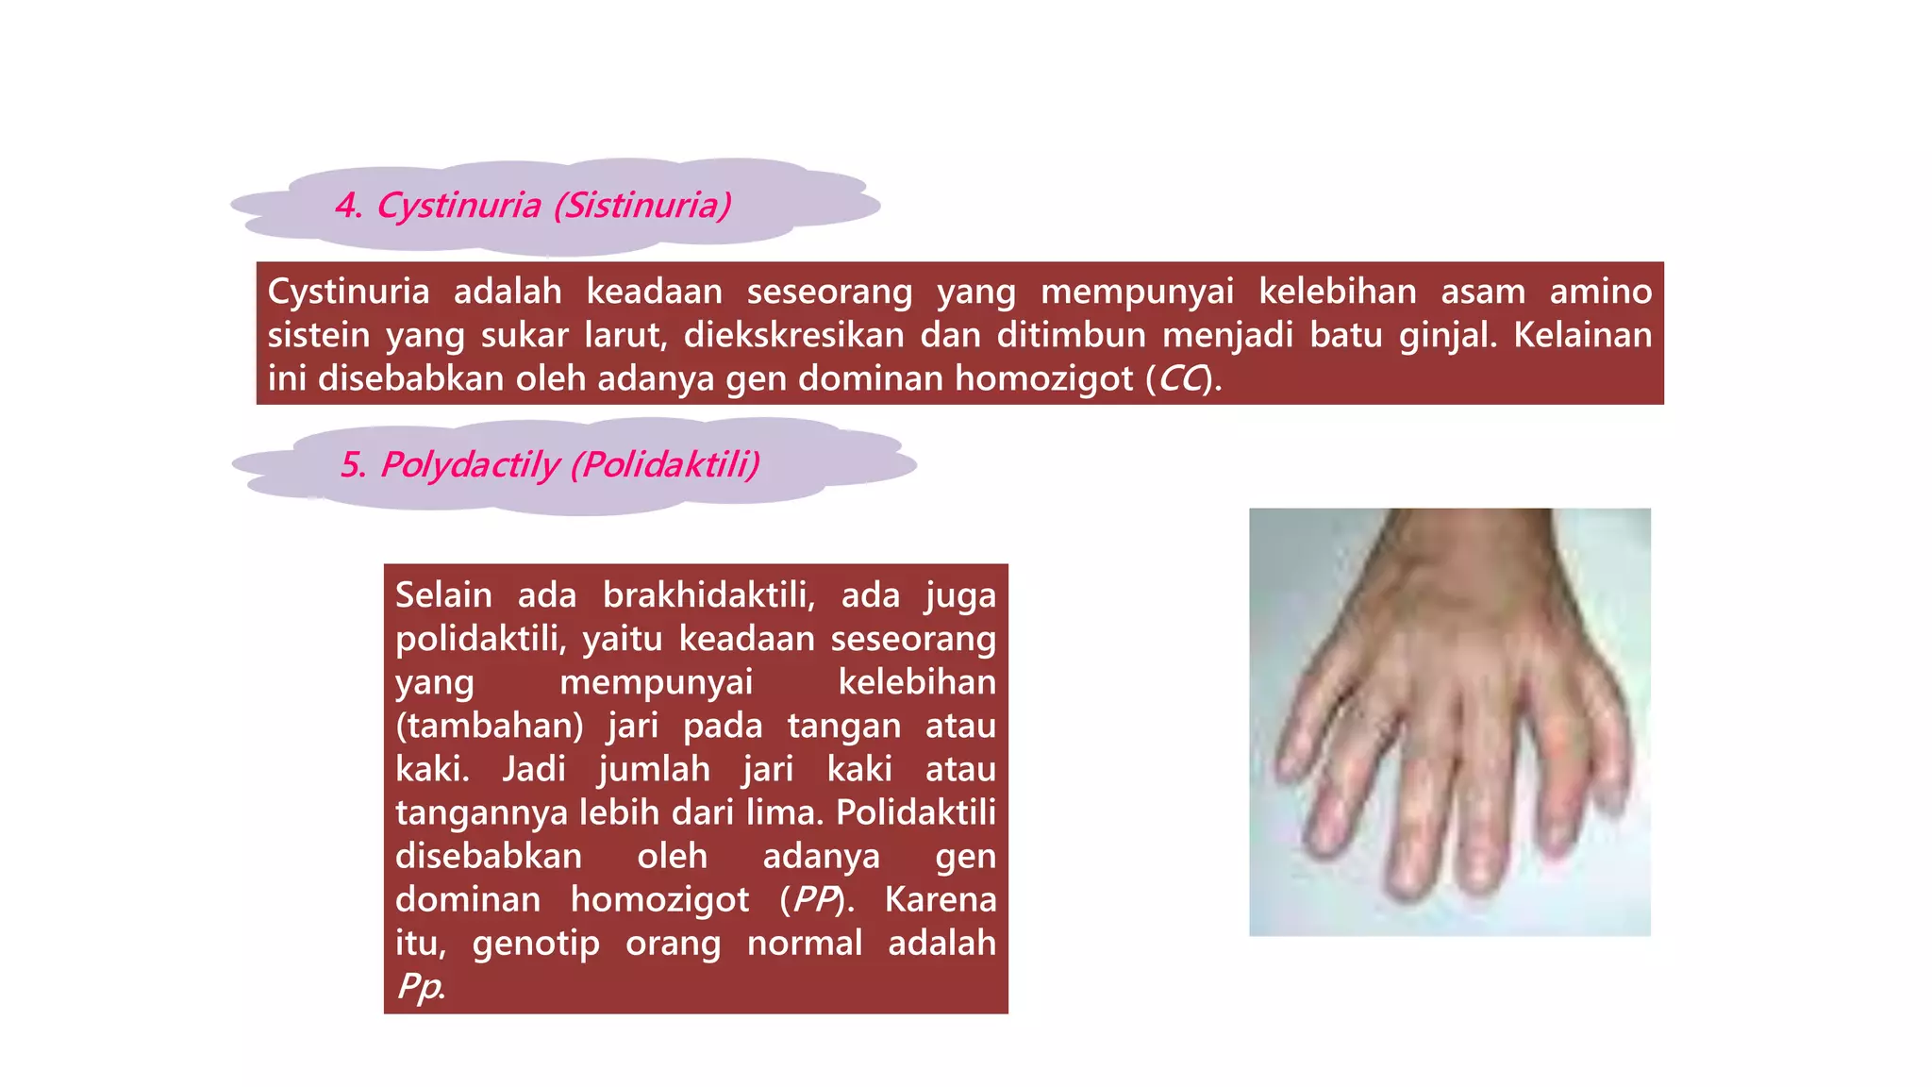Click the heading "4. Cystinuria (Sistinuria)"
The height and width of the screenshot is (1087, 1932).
533,206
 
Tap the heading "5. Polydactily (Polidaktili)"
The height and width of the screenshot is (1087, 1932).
550,465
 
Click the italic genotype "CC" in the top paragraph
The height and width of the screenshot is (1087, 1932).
1182,379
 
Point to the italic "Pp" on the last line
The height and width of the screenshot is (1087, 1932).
419,987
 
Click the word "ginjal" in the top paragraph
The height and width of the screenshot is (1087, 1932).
1446,336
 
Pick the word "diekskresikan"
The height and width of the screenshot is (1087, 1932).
793,336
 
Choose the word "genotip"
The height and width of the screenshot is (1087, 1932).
536,944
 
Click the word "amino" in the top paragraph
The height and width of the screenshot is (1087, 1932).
1600,292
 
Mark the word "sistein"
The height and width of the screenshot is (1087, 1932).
319,336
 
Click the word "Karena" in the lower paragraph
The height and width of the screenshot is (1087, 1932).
940,900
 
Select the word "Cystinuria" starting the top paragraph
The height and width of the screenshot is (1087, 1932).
348,292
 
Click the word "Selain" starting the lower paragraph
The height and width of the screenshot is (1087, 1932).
443,595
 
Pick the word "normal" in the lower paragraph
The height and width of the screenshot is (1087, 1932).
805,944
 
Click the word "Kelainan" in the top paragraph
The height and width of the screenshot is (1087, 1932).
1582,336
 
